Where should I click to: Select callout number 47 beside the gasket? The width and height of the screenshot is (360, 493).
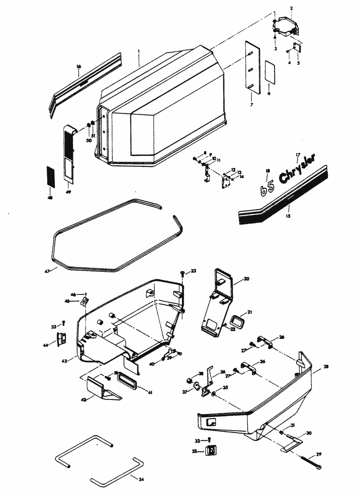[x=47, y=271]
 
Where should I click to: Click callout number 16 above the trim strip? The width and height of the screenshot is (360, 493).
[x=79, y=67]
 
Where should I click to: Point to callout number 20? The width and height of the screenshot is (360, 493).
[x=246, y=279]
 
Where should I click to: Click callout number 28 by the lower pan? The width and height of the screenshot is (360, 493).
[x=326, y=367]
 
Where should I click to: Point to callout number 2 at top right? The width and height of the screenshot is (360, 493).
[x=291, y=9]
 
